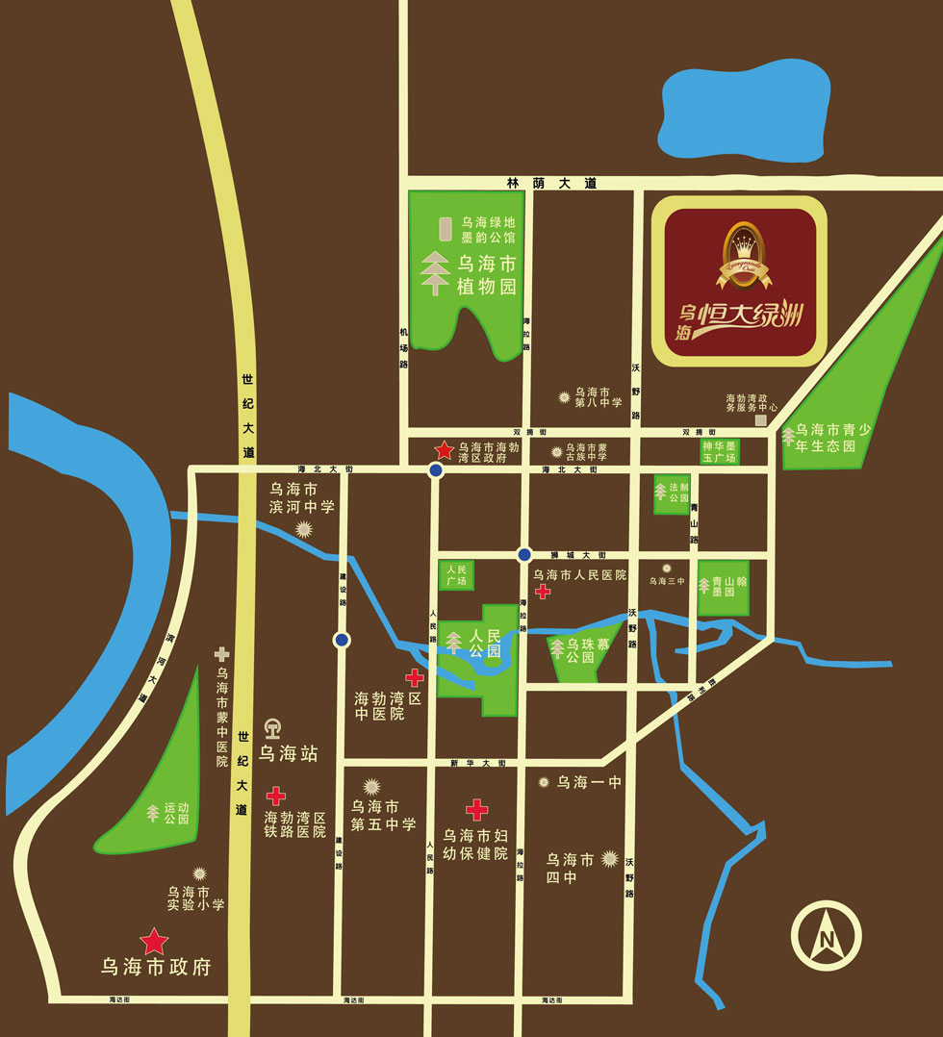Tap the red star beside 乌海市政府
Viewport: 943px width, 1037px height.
(x=153, y=941)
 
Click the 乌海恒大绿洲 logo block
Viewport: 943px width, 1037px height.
(x=739, y=282)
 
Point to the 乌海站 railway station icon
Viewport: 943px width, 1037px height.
(x=273, y=729)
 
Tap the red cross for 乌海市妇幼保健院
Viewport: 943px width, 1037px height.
(x=476, y=809)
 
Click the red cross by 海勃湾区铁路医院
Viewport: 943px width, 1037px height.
(x=276, y=796)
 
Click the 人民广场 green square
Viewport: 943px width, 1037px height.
(x=456, y=575)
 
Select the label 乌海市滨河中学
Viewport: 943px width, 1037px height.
(x=301, y=497)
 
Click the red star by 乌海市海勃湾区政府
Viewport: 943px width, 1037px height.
(x=444, y=449)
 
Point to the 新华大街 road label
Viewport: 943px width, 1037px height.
(x=477, y=763)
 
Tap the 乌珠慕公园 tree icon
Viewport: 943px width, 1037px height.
(x=558, y=649)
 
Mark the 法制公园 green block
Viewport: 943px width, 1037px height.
(x=672, y=493)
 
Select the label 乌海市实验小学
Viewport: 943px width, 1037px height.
(x=195, y=898)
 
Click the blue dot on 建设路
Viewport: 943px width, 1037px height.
(x=342, y=640)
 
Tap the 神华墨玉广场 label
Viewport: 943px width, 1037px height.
(x=719, y=452)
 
